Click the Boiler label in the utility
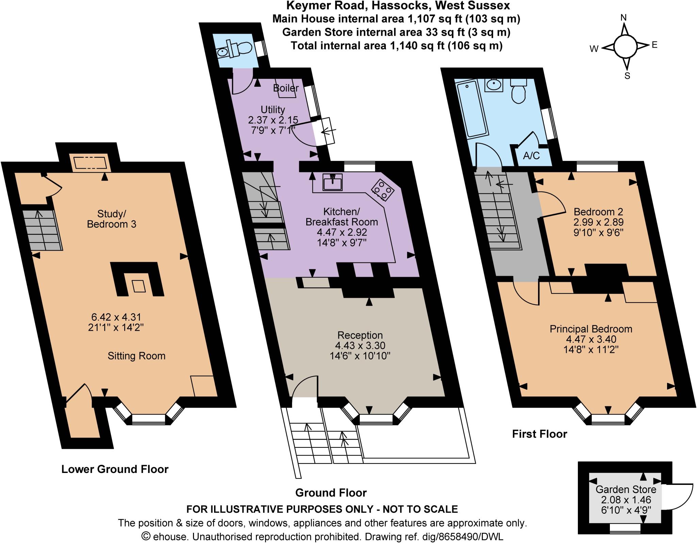click(286, 88)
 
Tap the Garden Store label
click(626, 490)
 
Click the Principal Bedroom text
click(591, 329)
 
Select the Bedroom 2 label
click(598, 212)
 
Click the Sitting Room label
click(136, 356)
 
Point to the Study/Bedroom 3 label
click(112, 219)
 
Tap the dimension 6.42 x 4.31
click(116, 317)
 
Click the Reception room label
click(360, 335)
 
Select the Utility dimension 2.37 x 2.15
click(273, 120)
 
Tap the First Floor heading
click(539, 434)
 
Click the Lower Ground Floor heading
click(115, 469)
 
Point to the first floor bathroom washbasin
click(495, 85)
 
